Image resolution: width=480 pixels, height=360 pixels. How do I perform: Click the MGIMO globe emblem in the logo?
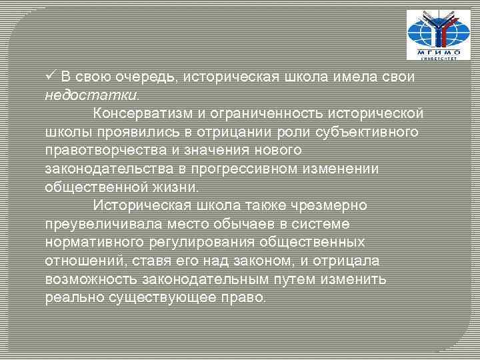[x=433, y=30]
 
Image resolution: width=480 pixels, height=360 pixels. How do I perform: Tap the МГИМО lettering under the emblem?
[x=434, y=51]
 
